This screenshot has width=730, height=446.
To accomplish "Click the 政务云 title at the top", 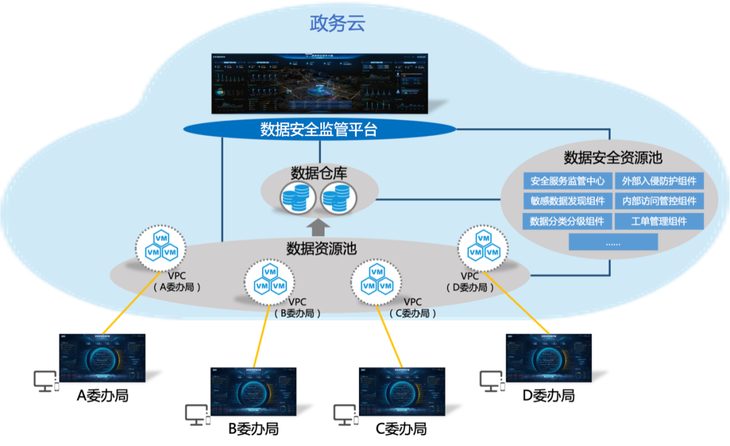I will point(337,24).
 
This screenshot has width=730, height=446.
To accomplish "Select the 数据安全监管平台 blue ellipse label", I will point(318,130).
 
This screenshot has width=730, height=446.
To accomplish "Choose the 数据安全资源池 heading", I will point(612,158).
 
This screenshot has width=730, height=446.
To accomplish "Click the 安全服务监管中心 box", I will point(568,181).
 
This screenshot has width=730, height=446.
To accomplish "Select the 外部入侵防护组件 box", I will point(659,181).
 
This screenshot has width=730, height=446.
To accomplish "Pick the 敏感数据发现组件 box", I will point(568,201).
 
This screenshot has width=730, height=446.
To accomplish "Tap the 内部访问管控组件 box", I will point(659,201).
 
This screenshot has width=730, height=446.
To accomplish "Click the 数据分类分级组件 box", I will point(568,221).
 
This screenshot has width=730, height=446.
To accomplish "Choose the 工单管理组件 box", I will point(659,221).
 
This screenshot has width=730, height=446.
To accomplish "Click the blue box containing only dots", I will point(613,242).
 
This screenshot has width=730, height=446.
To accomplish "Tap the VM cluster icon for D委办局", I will point(484,247).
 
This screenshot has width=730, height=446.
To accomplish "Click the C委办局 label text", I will point(413,314).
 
